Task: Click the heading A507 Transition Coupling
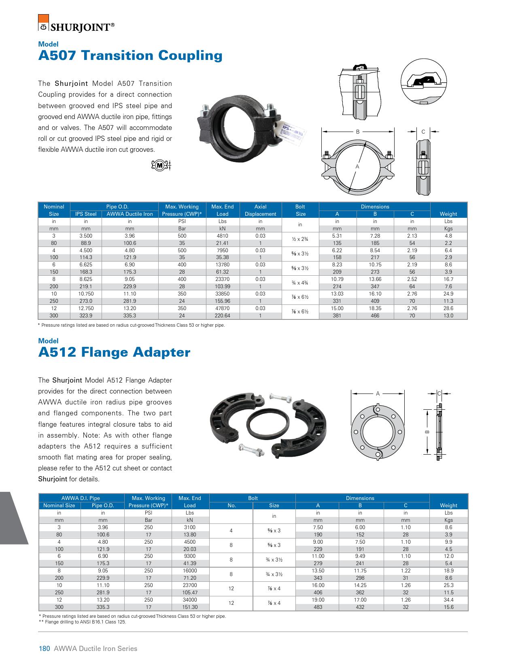(x=130, y=55)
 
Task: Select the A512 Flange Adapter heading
(x=114, y=352)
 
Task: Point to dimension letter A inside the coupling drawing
(x=357, y=166)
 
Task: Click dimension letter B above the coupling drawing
(x=358, y=132)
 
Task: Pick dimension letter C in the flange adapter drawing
(x=439, y=393)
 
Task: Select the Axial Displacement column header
(x=260, y=210)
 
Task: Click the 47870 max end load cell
(x=222, y=308)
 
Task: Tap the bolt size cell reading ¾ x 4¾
(x=300, y=283)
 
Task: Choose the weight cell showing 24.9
(x=448, y=294)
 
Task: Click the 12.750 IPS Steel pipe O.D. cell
(x=86, y=308)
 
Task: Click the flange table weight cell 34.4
(x=448, y=600)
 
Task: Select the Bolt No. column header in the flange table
(x=231, y=505)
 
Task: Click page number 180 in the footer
(x=44, y=649)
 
